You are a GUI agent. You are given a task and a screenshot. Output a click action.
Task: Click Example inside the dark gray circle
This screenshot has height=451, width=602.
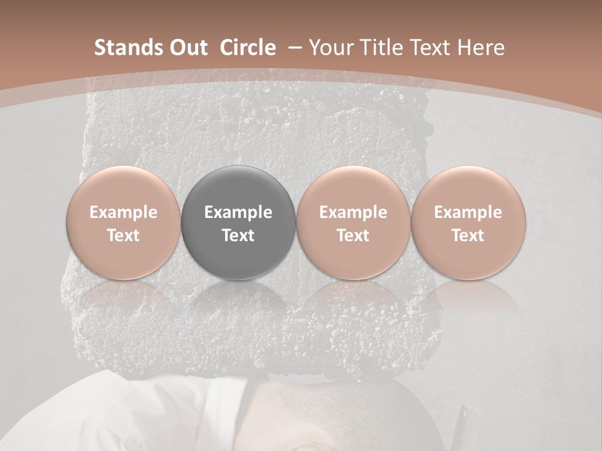coord(238,212)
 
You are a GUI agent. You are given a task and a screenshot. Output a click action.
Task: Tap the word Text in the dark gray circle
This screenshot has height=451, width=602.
coord(238,236)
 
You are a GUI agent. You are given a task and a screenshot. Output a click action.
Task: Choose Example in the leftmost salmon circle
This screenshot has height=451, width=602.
coord(124,212)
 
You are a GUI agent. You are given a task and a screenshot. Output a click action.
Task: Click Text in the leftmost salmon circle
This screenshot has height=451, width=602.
coord(124,236)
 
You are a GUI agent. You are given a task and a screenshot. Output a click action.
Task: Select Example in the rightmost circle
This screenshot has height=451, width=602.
coord(468,212)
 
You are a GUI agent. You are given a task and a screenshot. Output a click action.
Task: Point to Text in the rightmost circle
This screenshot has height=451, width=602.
coord(468,236)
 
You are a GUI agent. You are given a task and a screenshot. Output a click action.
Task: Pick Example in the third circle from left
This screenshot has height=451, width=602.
coord(353,212)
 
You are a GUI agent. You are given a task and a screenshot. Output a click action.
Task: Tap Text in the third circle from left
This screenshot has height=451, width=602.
coord(353,236)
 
